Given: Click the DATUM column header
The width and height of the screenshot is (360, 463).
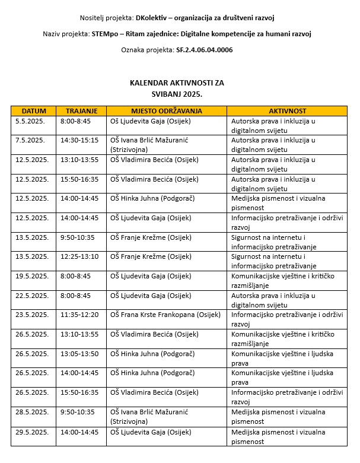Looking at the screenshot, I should coord(33,111).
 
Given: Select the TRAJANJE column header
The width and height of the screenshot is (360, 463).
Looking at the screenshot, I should coord(81,111).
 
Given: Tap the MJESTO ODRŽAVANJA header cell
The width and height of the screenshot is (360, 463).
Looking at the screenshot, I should coord(166,111).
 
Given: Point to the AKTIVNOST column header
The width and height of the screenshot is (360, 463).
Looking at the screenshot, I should coord(287,111).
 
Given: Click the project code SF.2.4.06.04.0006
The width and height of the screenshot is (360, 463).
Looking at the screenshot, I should coord(204,50).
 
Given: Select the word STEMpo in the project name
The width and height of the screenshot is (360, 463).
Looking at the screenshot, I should coord(106,34).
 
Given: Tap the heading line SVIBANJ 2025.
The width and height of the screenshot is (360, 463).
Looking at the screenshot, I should coord(177,94).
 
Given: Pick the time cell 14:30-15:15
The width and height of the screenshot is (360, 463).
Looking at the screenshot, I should coord(79,140).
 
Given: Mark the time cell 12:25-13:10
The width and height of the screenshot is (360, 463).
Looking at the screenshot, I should coord(79,256).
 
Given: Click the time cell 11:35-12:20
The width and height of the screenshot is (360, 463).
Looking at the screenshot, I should coord(79,315).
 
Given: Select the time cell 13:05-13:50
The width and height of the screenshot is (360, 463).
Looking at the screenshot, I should coord(79,354).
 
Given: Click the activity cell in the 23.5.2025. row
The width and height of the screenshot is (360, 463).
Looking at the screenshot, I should coord(286,319).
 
